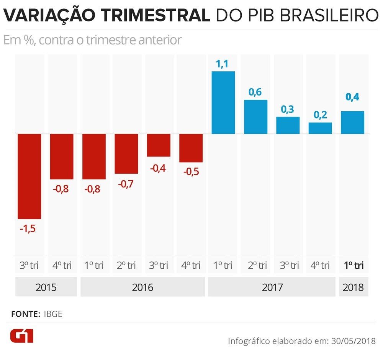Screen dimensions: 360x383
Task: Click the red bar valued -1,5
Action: (29, 176)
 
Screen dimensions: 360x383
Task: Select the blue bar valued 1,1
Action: (223, 103)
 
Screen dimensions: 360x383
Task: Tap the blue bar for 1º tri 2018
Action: (352, 123)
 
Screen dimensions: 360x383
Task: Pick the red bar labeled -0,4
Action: (159, 145)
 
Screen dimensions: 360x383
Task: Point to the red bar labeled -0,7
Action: (126, 154)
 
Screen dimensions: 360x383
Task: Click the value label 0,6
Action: (255, 93)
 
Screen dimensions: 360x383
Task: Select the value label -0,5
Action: (191, 171)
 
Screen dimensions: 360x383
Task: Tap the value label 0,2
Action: (320, 115)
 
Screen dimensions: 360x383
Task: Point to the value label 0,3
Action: (288, 110)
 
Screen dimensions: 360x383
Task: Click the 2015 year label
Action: (46, 287)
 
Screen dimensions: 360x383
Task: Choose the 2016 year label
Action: (142, 287)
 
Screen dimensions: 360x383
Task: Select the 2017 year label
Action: (272, 287)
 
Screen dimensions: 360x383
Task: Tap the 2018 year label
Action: (354, 287)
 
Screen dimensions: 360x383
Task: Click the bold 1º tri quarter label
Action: (354, 265)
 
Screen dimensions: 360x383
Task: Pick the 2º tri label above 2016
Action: (126, 265)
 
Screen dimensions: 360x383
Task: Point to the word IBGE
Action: (53, 314)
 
